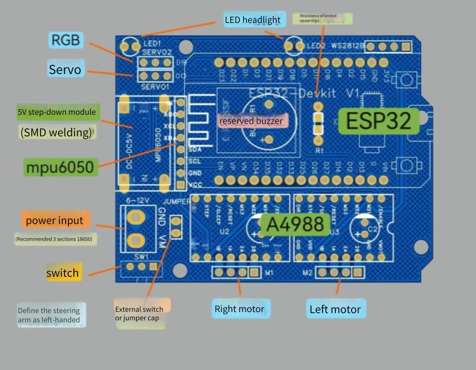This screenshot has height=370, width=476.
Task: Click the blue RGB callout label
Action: [65, 40]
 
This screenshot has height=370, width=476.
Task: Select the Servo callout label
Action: [65, 69]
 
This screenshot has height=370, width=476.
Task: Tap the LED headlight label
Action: [253, 20]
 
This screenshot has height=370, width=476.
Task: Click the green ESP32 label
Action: [379, 121]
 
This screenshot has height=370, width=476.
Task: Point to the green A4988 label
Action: [295, 224]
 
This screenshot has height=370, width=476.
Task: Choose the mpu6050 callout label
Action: [60, 167]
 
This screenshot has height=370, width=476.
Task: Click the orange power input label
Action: [55, 220]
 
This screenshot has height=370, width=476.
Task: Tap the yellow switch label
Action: [63, 273]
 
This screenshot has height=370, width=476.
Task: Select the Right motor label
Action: [240, 309]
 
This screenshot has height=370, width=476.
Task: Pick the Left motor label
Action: [335, 309]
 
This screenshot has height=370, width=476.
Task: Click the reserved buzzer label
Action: [251, 121]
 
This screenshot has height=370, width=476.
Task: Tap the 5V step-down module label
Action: [57, 112]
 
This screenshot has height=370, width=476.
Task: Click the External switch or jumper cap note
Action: [139, 313]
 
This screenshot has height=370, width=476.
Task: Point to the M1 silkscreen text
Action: [269, 273]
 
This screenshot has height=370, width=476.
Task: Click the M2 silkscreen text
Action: [307, 273]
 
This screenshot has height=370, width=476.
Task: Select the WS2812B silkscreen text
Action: [347, 46]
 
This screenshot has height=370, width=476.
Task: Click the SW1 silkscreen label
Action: [141, 257]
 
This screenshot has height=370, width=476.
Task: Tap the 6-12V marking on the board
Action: [137, 200]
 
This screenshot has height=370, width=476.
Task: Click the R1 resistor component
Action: [319, 123]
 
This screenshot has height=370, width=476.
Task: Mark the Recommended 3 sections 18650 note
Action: [54, 239]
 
